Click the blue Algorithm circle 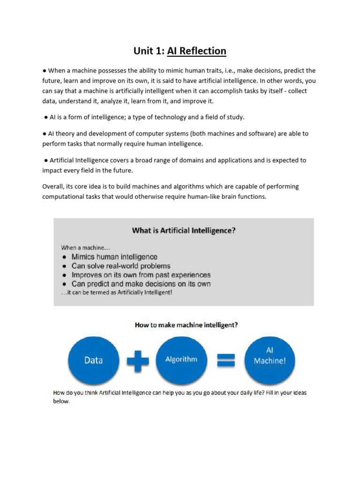coord(181,360)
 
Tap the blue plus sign coord(137,360)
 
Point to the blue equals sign coord(225,360)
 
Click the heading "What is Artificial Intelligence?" coord(184,230)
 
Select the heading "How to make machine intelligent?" coord(186,324)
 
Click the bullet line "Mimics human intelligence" coord(114,257)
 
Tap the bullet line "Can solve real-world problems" coord(121,266)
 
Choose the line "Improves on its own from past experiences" coord(141,275)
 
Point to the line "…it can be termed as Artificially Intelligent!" coord(117,292)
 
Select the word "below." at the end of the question coord(61,401)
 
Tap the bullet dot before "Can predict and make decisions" coord(64,284)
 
